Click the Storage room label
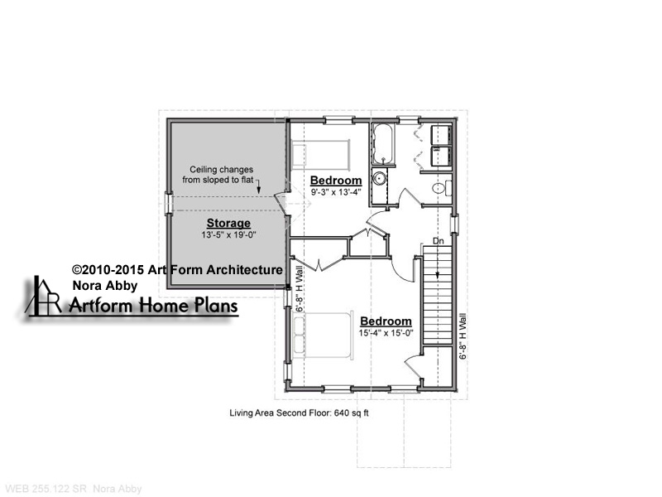click(228, 223)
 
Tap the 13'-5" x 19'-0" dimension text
click(229, 235)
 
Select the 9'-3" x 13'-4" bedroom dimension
click(336, 192)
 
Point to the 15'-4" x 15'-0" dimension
click(386, 333)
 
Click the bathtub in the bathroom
click(383, 144)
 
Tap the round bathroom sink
click(380, 178)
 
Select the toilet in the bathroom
click(442, 188)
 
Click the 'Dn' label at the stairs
click(439, 241)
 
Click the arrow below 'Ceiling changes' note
click(259, 186)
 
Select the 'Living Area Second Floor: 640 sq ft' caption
click(299, 413)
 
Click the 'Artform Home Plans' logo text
click(154, 305)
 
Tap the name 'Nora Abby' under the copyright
click(105, 286)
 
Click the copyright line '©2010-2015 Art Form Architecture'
click(177, 270)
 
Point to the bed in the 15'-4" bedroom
click(323, 335)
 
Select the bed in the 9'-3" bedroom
click(321, 154)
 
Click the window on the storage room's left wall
click(169, 204)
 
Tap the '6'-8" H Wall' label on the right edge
click(463, 336)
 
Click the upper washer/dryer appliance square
click(442, 135)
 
